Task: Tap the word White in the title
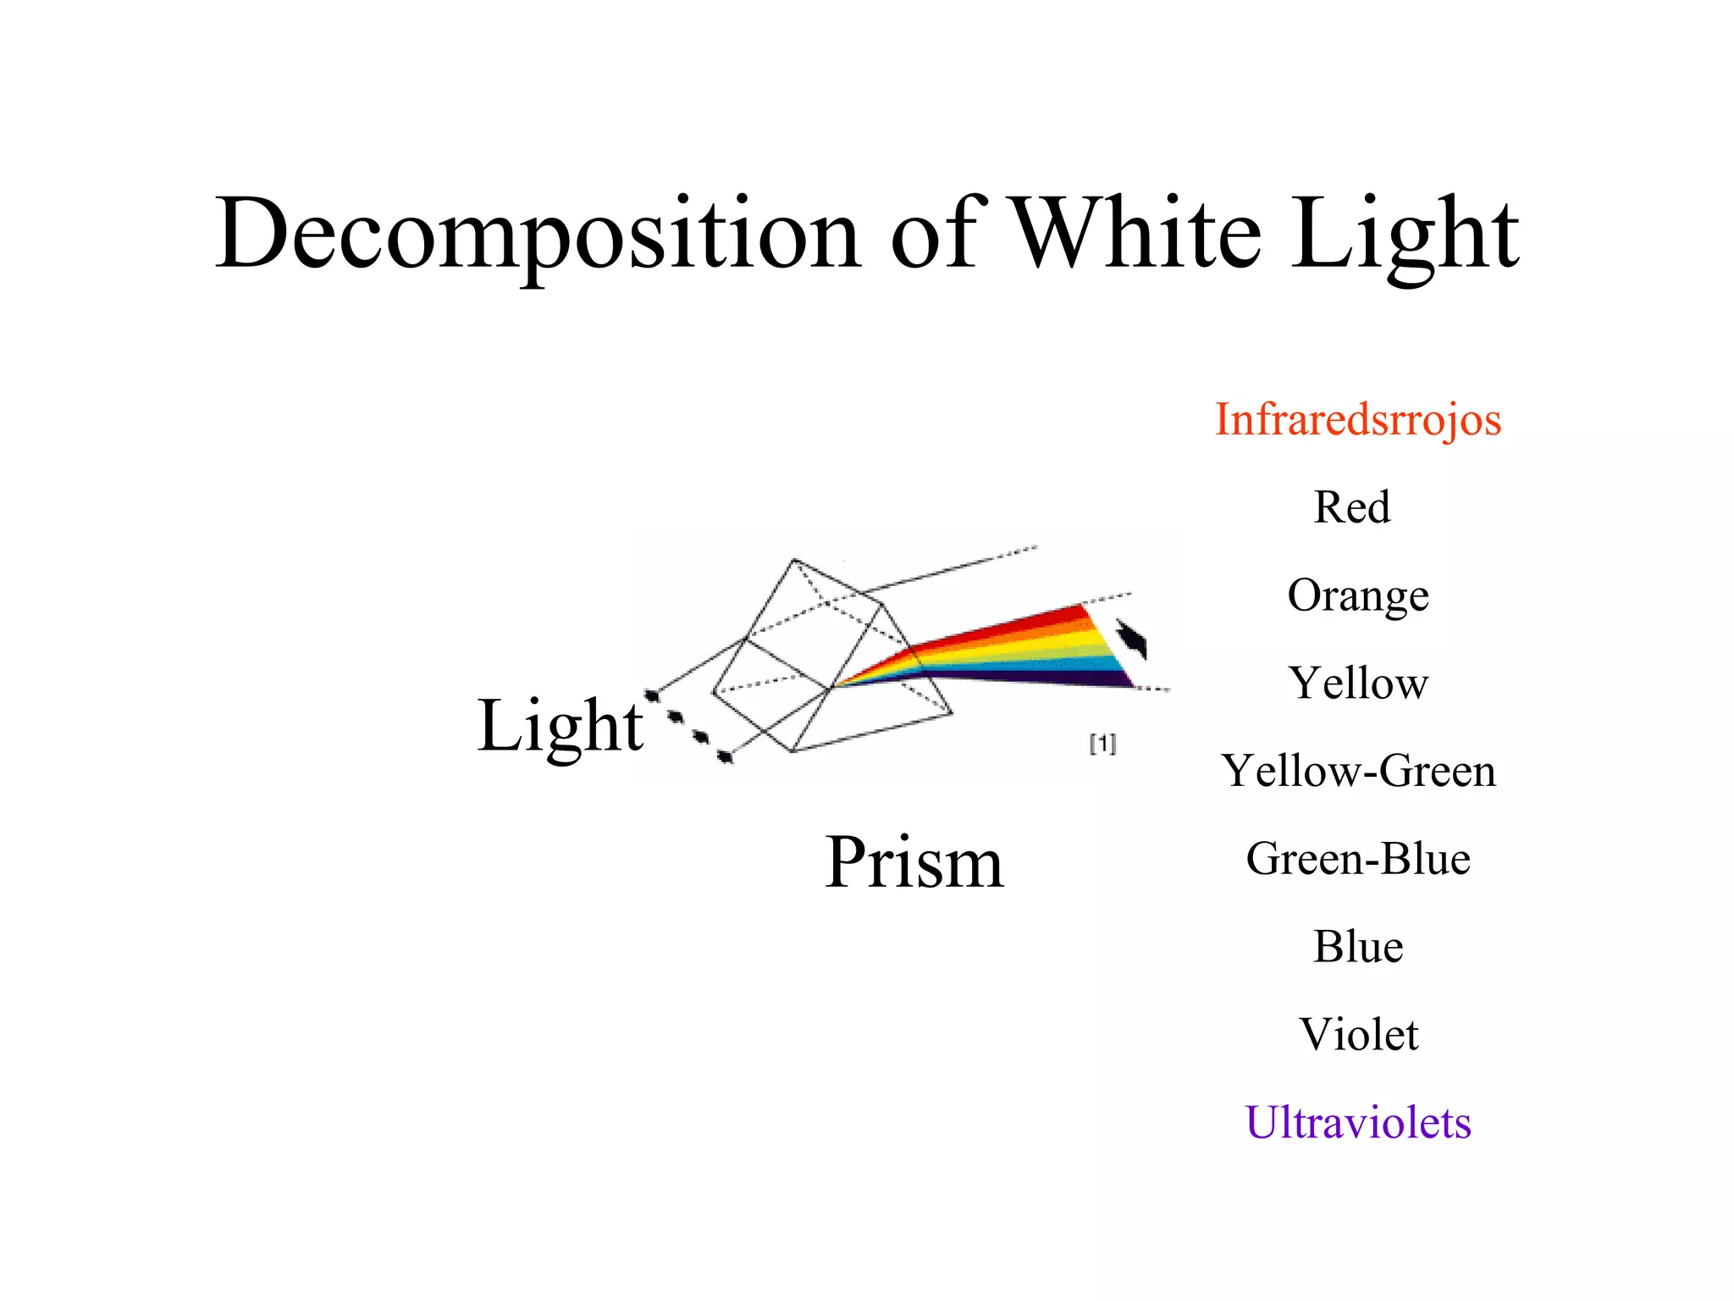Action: point(1136,232)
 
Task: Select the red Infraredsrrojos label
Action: point(1357,420)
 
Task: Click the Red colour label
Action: point(1351,507)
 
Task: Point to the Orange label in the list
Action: point(1357,596)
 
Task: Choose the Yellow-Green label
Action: point(1358,771)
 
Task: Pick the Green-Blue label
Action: point(1358,859)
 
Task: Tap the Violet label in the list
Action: point(1358,1034)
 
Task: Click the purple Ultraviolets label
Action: point(1357,1123)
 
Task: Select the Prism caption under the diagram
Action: point(914,862)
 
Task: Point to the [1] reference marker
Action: point(1102,744)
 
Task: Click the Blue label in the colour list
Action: point(1358,947)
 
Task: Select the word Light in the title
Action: point(1405,234)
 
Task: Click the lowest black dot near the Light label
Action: point(725,756)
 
